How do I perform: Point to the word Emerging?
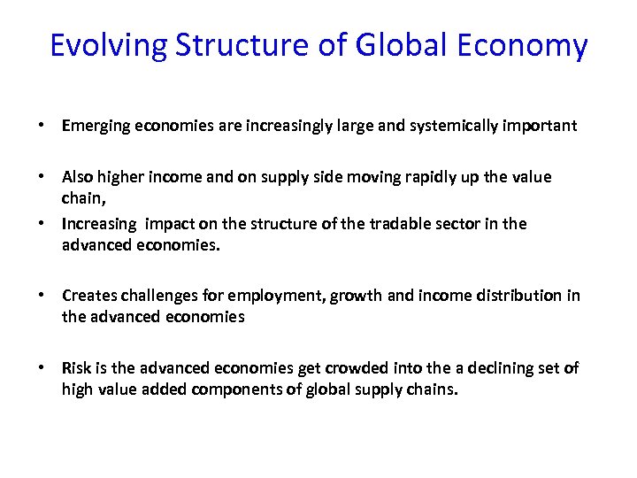[95, 126]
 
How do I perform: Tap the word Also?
[78, 177]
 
